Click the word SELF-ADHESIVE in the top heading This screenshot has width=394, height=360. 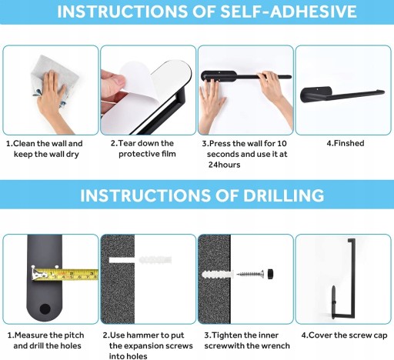(x=289, y=11)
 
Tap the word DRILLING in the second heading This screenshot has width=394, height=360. (x=283, y=195)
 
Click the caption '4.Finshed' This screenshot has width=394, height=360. (x=346, y=143)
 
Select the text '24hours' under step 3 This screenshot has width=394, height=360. (x=224, y=165)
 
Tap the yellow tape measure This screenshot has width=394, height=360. (x=65, y=275)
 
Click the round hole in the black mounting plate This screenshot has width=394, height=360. (x=45, y=309)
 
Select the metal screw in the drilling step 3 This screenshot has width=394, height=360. (x=250, y=274)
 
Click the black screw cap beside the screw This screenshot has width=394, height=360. (x=270, y=274)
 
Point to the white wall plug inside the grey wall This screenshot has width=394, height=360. (x=218, y=275)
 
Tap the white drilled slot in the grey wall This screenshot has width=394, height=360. (x=122, y=260)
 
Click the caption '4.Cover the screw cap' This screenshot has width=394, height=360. (x=344, y=335)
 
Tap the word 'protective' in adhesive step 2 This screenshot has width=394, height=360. (x=135, y=154)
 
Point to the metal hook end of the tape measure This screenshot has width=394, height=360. (x=35, y=273)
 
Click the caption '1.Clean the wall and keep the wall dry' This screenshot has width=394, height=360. (x=45, y=148)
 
